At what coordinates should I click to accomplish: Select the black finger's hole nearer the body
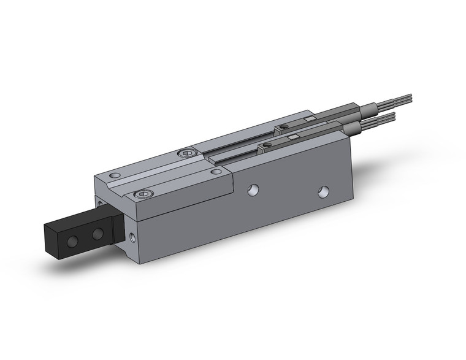(97, 234)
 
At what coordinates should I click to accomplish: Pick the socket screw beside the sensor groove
(187, 154)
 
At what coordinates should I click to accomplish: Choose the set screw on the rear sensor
(283, 128)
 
